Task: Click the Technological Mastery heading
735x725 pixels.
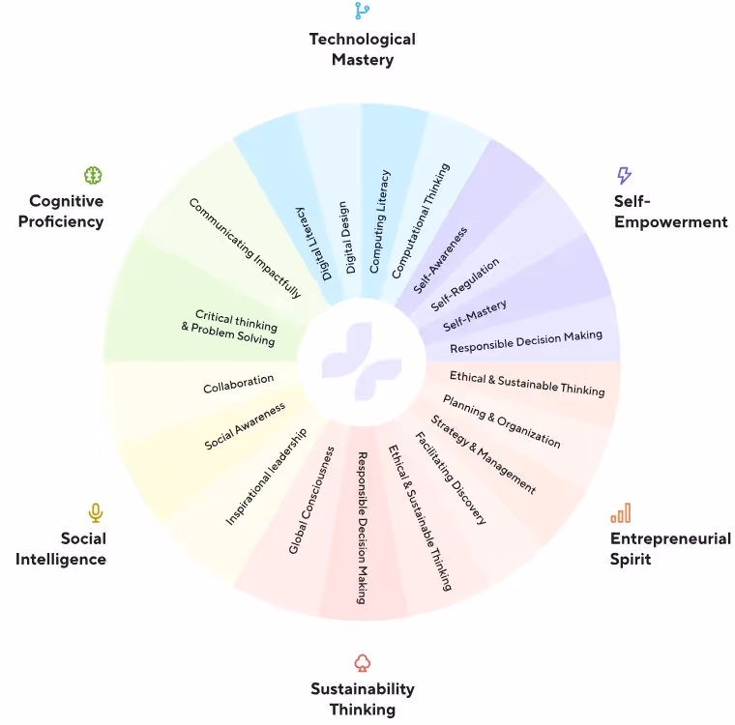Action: click(x=362, y=49)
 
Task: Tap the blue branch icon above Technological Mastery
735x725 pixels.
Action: click(x=362, y=11)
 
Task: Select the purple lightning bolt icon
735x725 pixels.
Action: click(x=624, y=175)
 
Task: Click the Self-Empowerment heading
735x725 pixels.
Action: click(x=669, y=212)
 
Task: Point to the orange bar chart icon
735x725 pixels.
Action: click(x=620, y=512)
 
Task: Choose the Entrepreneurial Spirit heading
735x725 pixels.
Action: click(x=669, y=548)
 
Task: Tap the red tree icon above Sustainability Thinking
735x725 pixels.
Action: click(x=362, y=662)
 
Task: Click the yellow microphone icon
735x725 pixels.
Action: click(x=95, y=512)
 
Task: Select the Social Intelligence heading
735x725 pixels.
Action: click(x=61, y=548)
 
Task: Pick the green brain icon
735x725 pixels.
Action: click(x=93, y=175)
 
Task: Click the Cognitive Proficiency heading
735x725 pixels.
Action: click(x=66, y=211)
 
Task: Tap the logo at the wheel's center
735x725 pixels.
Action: click(x=362, y=363)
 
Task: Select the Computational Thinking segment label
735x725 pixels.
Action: click(x=422, y=221)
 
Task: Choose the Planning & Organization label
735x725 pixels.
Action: click(x=501, y=420)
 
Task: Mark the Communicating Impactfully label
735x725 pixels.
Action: click(x=245, y=248)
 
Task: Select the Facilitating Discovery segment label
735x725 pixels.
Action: click(x=450, y=478)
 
